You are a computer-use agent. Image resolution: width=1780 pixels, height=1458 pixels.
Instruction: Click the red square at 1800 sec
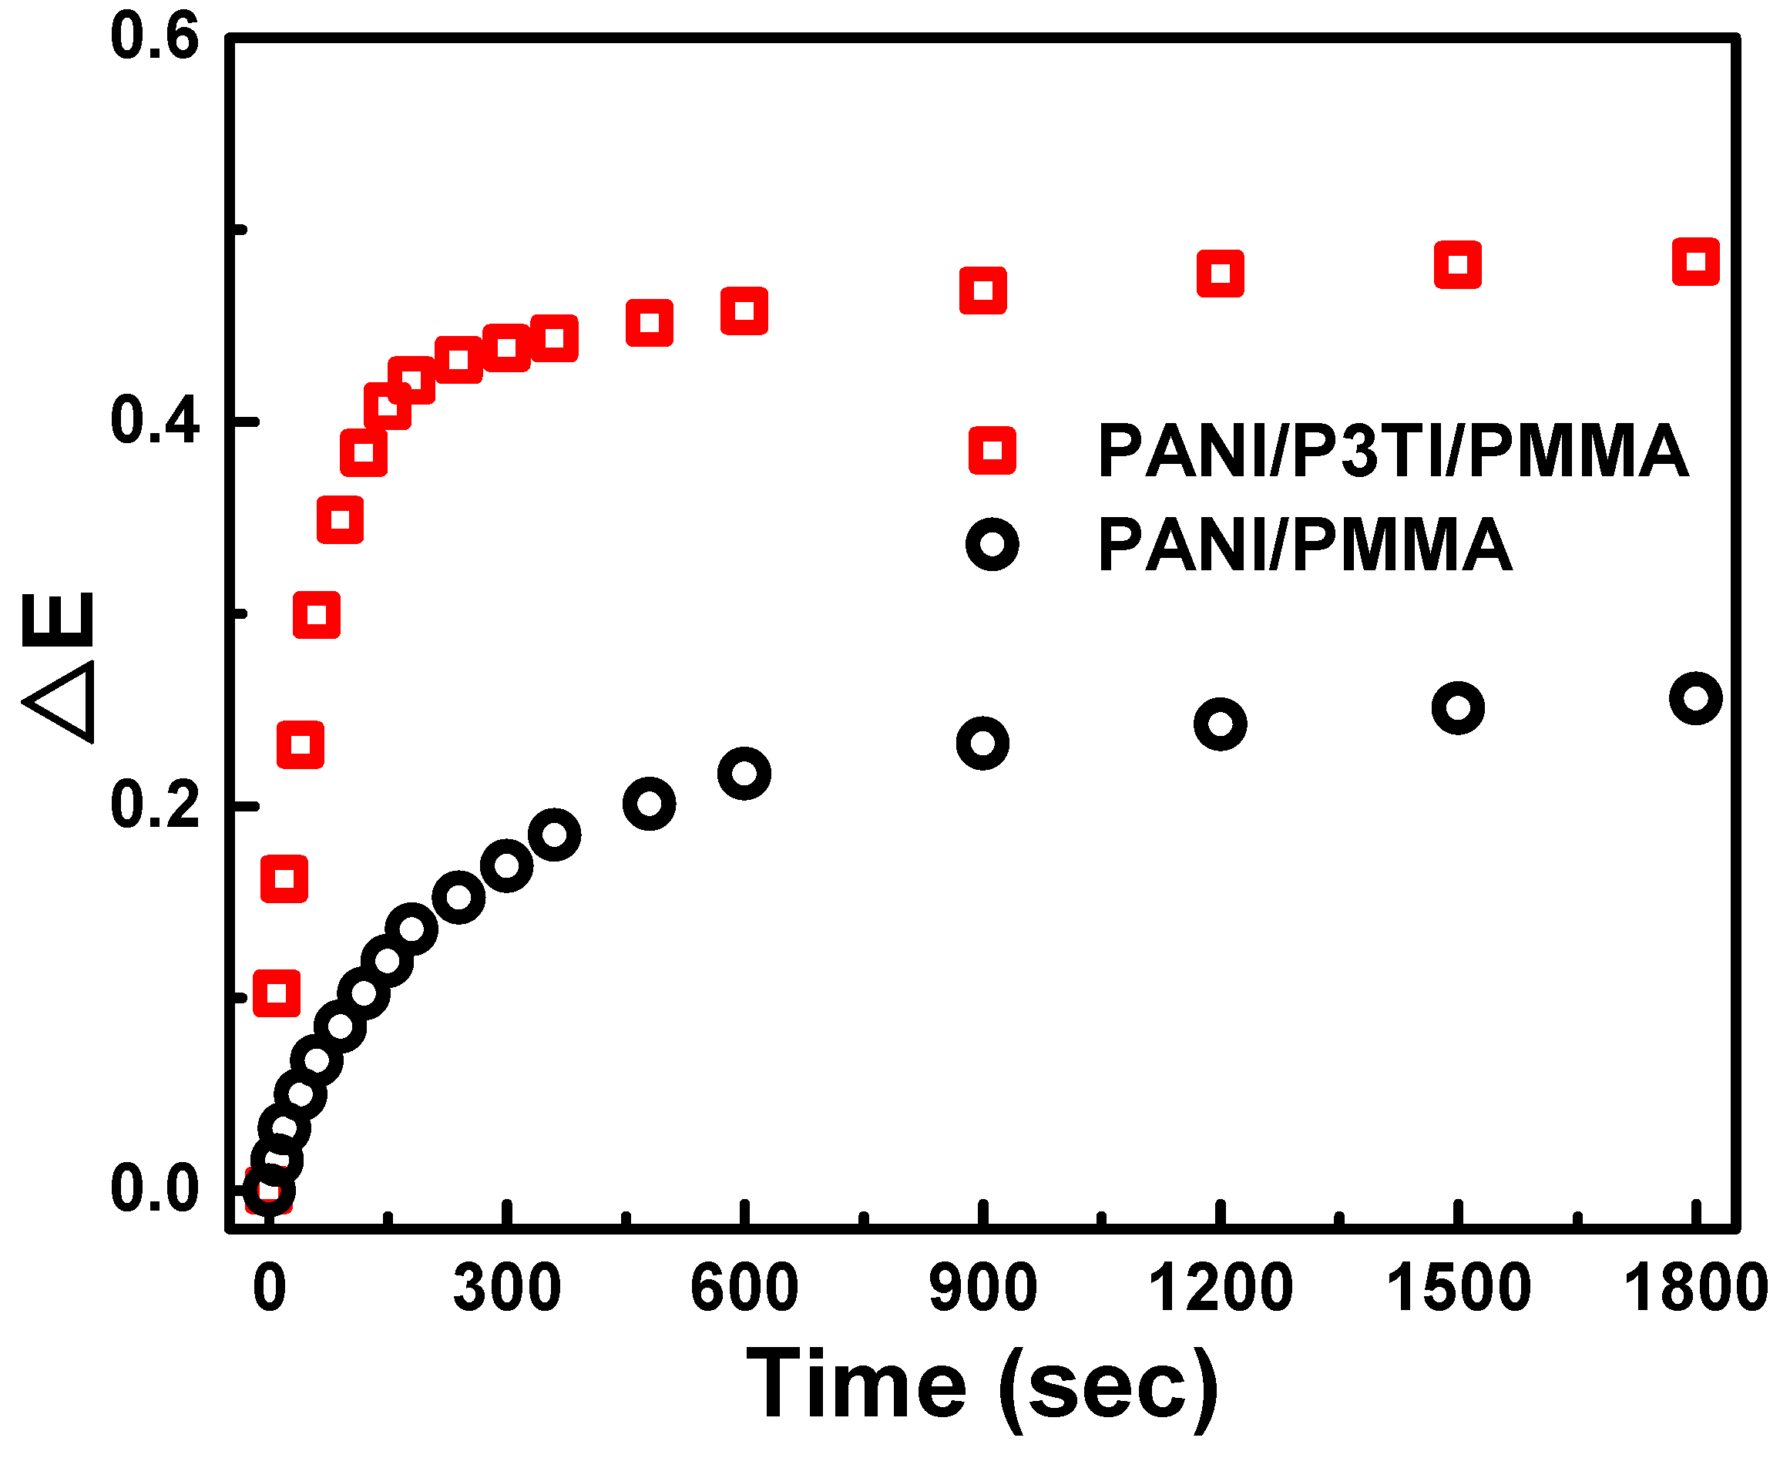click(x=1695, y=261)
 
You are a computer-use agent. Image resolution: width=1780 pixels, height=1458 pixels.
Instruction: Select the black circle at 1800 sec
click(x=1695, y=698)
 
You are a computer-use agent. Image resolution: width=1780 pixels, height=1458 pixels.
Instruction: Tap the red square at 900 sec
click(x=982, y=291)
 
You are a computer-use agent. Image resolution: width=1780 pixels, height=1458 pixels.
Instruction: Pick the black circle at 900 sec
click(x=982, y=742)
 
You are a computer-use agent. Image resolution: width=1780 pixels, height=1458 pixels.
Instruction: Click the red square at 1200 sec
click(x=1219, y=273)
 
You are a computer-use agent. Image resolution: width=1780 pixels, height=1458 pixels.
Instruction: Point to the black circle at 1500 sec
click(x=1458, y=707)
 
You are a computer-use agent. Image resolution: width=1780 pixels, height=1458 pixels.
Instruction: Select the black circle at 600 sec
click(x=744, y=773)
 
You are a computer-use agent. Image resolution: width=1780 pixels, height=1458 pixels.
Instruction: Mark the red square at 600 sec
click(x=744, y=311)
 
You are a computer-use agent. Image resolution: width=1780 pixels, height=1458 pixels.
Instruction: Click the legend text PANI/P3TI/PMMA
click(x=1392, y=451)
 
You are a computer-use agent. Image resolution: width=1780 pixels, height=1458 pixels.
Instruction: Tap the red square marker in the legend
click(x=992, y=450)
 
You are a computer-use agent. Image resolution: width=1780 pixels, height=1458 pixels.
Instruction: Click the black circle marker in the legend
click(x=992, y=544)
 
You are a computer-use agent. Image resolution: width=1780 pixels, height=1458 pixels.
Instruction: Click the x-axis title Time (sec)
click(x=982, y=1386)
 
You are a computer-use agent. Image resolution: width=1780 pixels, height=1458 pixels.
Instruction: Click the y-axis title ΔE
click(x=59, y=667)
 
